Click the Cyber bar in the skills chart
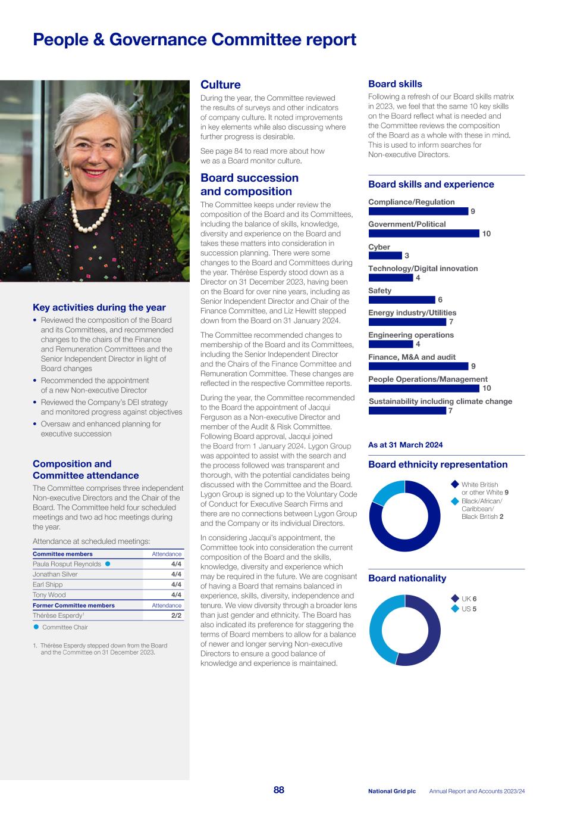385,256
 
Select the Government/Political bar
424,233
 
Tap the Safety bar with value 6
402,300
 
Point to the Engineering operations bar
390,344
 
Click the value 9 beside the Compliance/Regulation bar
473,211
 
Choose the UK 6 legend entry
468,599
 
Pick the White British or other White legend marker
454,484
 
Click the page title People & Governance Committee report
195,40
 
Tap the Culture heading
221,85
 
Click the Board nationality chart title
407,578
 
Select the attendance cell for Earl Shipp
176,584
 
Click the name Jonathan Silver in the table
55,574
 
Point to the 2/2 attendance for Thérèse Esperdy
176,615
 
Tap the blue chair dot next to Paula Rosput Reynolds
108,563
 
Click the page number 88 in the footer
279,790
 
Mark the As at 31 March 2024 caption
405,445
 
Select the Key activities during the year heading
99,307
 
